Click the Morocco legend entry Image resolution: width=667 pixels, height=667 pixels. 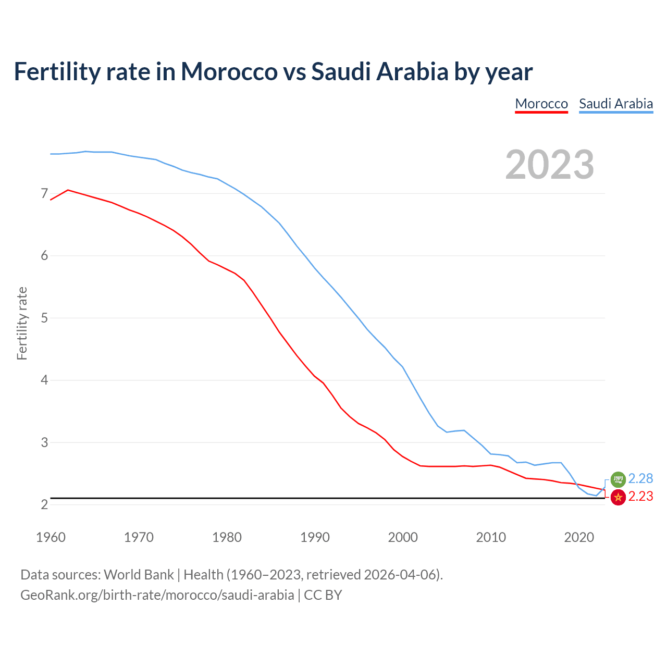pos(541,104)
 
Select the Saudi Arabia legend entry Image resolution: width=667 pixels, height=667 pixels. pos(616,104)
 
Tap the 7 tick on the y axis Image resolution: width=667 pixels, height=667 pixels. pos(44,194)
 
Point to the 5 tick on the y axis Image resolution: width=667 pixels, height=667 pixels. pos(44,318)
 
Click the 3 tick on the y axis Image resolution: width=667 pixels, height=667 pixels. pos(44,442)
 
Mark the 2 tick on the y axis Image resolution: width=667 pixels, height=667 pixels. pos(44,504)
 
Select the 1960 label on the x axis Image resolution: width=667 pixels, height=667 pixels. pos(51,537)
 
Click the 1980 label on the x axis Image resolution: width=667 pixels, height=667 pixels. pos(227,537)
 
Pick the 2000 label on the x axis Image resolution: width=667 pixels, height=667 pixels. pos(403,537)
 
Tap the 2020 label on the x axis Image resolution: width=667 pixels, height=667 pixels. pos(579,537)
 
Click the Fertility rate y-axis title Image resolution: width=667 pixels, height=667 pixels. pos(22,323)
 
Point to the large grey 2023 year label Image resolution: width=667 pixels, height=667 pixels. pos(550,165)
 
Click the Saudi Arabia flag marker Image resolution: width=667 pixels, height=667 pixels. pos(618,479)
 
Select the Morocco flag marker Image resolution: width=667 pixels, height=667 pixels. pos(618,497)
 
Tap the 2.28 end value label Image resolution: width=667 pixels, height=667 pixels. pos(640,478)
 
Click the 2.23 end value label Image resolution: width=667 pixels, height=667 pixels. pos(640,497)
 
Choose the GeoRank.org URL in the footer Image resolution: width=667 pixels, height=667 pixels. pos(157,595)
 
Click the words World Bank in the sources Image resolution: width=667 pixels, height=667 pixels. pos(139,575)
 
